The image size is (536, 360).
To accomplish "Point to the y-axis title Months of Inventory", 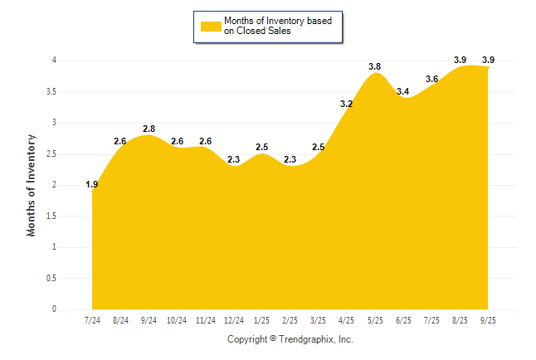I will pos(32,185).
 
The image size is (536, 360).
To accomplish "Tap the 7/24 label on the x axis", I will pos(92,320).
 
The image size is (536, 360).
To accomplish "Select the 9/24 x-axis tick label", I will pos(149,320).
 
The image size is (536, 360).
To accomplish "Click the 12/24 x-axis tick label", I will pos(234,320).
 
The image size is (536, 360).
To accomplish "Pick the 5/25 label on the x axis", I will pos(375,320).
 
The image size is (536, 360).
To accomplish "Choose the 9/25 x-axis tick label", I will pos(488,320).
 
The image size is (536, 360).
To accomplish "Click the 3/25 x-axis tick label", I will pos(319,320).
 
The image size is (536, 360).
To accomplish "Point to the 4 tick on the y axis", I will pos(54,61).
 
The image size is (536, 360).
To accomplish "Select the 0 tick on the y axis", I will pos(54,309).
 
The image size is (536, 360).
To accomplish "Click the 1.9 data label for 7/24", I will pos(92,184).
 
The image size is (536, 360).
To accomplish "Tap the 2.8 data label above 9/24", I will pos(149,129).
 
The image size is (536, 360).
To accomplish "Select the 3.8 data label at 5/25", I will pos(375,66).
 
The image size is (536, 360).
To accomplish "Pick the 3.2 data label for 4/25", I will pos(347,104).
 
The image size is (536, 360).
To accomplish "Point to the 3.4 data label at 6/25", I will pos(403,91).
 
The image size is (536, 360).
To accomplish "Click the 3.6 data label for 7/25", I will pos(431,79).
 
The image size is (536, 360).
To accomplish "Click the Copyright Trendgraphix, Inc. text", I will pos(290,339).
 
